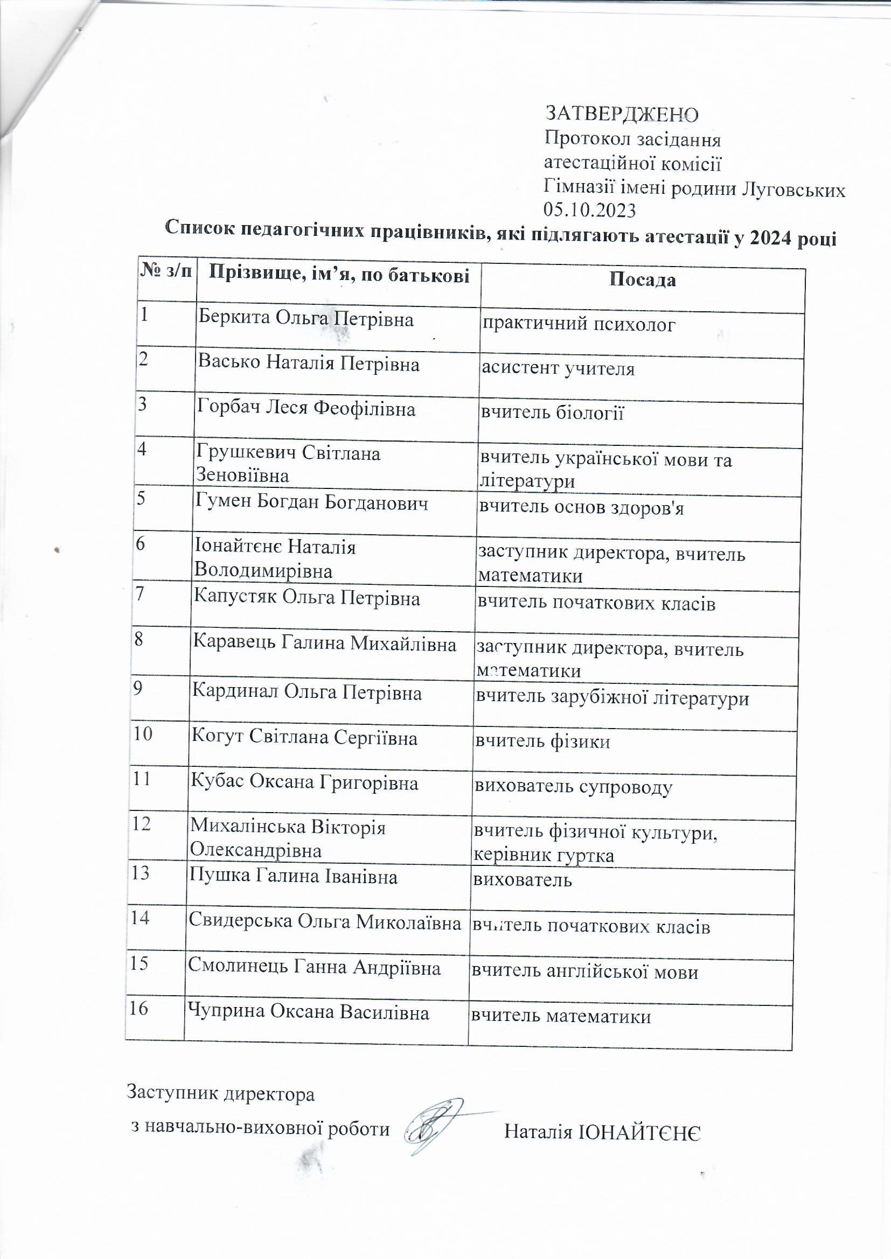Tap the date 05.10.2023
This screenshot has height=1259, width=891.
589,210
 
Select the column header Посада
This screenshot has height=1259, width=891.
643,280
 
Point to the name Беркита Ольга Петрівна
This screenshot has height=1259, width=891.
305,319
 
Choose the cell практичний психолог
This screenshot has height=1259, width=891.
578,325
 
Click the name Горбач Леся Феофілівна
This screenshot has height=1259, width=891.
306,409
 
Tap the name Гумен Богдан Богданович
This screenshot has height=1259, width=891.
311,503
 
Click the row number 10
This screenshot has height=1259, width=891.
143,733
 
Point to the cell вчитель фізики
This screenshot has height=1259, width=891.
542,742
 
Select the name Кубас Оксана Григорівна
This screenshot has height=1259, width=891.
304,782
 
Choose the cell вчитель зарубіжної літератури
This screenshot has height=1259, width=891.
611,698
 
